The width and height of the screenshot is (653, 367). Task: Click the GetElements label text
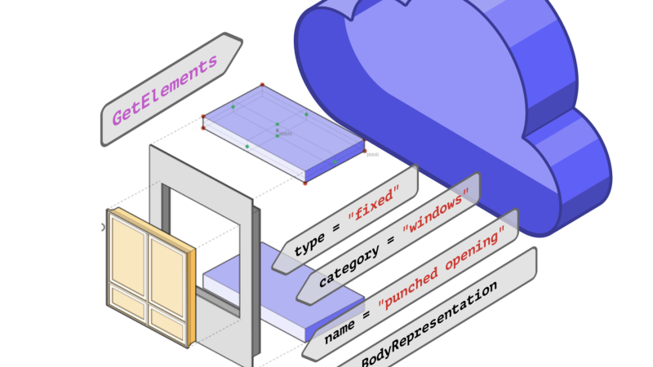(x=166, y=90)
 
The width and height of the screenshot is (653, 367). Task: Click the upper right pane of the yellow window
(x=167, y=270)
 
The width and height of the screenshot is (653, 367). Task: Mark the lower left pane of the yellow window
(x=128, y=301)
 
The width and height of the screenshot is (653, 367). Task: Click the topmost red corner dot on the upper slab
(x=262, y=84)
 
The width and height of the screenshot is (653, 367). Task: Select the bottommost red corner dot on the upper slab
(x=305, y=183)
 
